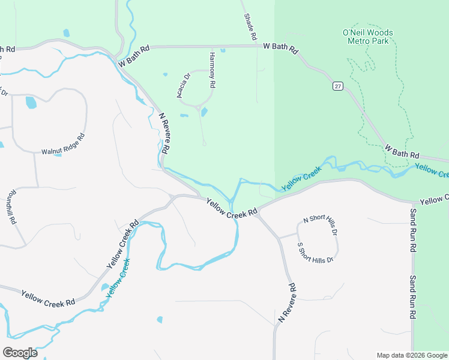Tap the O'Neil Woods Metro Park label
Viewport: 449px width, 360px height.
click(x=368, y=37)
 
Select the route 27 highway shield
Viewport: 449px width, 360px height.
click(x=339, y=86)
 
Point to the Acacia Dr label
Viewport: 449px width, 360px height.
click(x=183, y=85)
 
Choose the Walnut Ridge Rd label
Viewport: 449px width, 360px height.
click(x=63, y=144)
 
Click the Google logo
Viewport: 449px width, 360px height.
click(x=20, y=352)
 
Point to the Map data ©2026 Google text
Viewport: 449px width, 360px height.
click(x=411, y=355)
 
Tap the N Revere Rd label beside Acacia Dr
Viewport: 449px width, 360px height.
click(x=166, y=133)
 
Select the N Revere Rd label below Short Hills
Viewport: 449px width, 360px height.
click(x=287, y=304)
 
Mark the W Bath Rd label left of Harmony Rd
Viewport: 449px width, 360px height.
click(x=133, y=56)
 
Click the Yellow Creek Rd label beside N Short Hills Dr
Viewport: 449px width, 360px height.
click(x=232, y=208)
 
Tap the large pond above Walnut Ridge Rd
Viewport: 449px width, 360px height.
click(x=31, y=103)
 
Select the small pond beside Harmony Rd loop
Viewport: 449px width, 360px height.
click(x=204, y=112)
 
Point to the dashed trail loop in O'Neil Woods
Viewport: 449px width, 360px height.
click(x=384, y=96)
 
